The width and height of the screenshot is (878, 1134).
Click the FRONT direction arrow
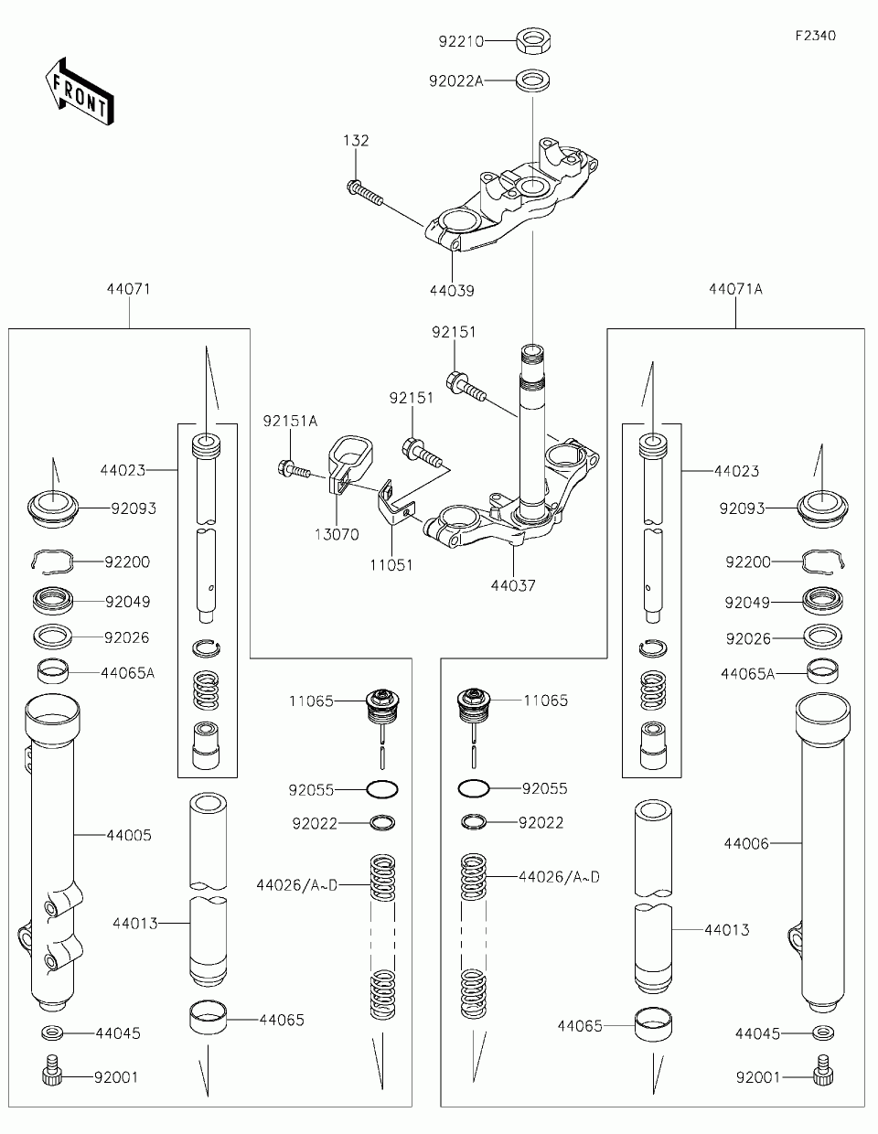pyautogui.click(x=80, y=91)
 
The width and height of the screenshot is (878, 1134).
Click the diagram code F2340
pyautogui.click(x=816, y=36)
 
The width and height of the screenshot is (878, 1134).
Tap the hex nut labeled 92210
pyautogui.click(x=534, y=41)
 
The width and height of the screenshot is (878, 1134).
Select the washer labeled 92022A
pyautogui.click(x=533, y=80)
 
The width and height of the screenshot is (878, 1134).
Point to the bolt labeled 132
pyautogui.click(x=365, y=193)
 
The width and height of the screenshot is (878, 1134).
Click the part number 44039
pyautogui.click(x=452, y=291)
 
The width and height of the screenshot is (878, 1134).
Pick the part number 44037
pyautogui.click(x=513, y=585)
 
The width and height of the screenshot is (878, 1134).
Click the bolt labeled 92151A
pyautogui.click(x=294, y=468)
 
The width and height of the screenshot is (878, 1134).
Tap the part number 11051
pyautogui.click(x=391, y=564)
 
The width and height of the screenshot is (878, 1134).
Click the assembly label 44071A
pyautogui.click(x=735, y=289)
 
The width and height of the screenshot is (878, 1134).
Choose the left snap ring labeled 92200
pyautogui.click(x=51, y=562)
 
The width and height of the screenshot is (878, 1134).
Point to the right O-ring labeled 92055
pyautogui.click(x=474, y=788)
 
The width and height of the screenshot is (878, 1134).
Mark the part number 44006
pyautogui.click(x=746, y=843)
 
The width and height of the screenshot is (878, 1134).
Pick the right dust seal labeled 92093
pyautogui.click(x=823, y=508)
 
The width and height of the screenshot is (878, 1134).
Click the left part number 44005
pyautogui.click(x=129, y=835)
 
